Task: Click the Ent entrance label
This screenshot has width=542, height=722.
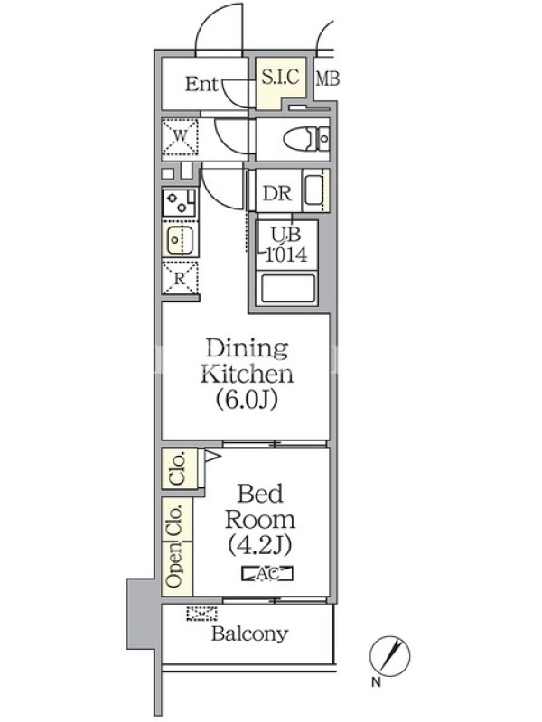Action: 201,84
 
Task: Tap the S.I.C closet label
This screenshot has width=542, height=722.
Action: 280,76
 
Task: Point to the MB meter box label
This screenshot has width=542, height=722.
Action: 328,79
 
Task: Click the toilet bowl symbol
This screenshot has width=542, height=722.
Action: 306,139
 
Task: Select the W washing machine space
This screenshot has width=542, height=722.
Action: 180,137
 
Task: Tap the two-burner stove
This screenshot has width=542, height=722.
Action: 179,202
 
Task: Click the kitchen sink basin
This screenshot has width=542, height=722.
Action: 180,240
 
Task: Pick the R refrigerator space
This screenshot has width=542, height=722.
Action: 180,278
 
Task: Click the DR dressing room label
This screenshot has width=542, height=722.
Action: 277,193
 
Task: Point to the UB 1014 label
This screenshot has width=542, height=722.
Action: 286,245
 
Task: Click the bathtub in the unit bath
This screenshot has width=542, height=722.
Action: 288,289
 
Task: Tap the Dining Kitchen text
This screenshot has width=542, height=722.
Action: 247,362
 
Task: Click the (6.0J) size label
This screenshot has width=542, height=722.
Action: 247,399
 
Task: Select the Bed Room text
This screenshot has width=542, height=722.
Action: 260,507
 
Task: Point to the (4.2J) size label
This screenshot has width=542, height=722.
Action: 260,545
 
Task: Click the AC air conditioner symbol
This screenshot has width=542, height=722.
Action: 267,574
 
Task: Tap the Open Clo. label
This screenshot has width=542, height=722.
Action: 175,547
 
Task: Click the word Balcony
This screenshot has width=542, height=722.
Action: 250,634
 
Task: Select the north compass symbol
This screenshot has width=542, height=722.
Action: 389,655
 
